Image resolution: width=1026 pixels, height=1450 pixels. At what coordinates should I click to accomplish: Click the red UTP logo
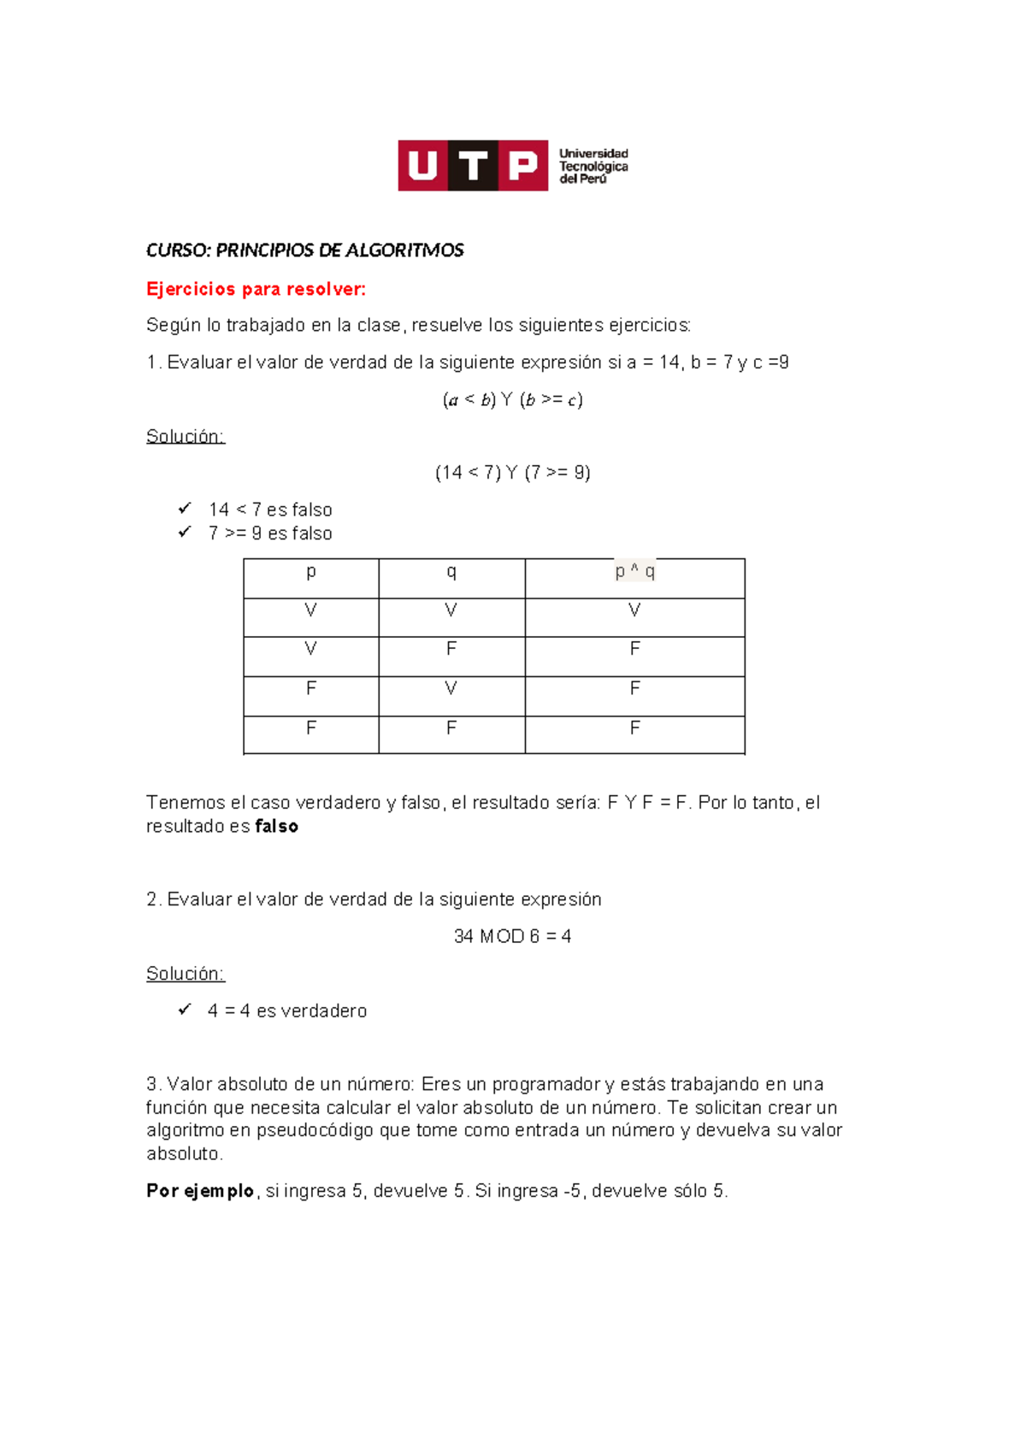pos(472,165)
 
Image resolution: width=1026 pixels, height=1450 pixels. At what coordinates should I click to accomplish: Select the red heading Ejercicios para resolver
pos(256,289)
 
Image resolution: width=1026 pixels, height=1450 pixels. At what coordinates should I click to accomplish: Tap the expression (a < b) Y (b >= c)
pos(512,399)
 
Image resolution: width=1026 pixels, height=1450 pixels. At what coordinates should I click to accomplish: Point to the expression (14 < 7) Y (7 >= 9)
pos(512,473)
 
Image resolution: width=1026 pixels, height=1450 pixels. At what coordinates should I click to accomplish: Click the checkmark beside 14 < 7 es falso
pos(184,509)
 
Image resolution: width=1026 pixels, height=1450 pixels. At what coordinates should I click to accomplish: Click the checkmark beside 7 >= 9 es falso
pos(184,532)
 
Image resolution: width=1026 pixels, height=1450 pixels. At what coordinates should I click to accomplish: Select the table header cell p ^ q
pos(634,572)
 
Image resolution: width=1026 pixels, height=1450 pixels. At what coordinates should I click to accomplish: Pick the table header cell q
pos(451,572)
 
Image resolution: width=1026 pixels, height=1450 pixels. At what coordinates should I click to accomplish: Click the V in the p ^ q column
pos(634,610)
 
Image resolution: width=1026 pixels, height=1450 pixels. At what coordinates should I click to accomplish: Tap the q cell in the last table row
pos(451,728)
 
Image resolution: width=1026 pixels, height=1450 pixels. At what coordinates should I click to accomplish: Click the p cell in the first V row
pos(310,610)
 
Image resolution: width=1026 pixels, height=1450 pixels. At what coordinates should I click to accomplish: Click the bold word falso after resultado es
pos(277,827)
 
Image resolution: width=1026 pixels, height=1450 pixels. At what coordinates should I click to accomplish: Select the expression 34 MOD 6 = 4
pos(512,936)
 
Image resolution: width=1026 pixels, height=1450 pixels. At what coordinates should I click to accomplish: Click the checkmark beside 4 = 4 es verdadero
pos(184,1010)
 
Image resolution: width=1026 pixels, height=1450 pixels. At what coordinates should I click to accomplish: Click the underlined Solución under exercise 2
pos(185,974)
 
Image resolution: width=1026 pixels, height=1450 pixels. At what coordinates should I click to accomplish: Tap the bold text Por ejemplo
pos(200,1191)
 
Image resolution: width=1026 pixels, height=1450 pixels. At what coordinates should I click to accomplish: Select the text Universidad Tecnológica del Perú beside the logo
pos(593,166)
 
